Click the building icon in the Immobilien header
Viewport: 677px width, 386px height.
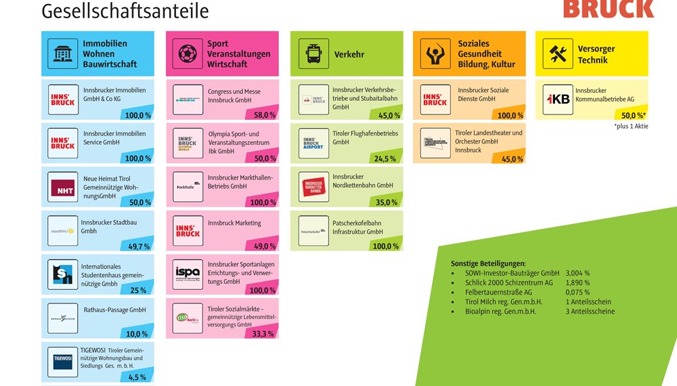pyautogui.click(x=63, y=53)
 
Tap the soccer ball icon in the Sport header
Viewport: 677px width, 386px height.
pyautogui.click(x=188, y=53)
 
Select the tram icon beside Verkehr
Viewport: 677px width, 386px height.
pyautogui.click(x=313, y=53)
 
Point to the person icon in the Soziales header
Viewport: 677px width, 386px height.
pyautogui.click(x=435, y=53)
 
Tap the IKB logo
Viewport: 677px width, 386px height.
pyautogui.click(x=558, y=99)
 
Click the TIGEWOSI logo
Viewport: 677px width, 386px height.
pyautogui.click(x=63, y=361)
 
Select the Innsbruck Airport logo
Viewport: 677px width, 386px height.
pyautogui.click(x=313, y=143)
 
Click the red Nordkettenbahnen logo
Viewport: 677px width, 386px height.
pyautogui.click(x=313, y=187)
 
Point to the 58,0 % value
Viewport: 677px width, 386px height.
pyautogui.click(x=265, y=115)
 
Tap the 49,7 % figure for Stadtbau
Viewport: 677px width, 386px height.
pyautogui.click(x=139, y=246)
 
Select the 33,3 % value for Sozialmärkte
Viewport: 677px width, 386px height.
pyautogui.click(x=263, y=333)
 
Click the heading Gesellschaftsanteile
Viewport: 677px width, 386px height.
pyautogui.click(x=125, y=12)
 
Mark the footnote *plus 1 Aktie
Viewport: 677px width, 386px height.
pyautogui.click(x=630, y=126)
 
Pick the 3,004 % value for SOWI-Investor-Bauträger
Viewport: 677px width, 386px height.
pyautogui.click(x=577, y=273)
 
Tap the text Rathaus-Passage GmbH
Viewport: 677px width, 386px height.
pyautogui.click(x=114, y=309)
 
